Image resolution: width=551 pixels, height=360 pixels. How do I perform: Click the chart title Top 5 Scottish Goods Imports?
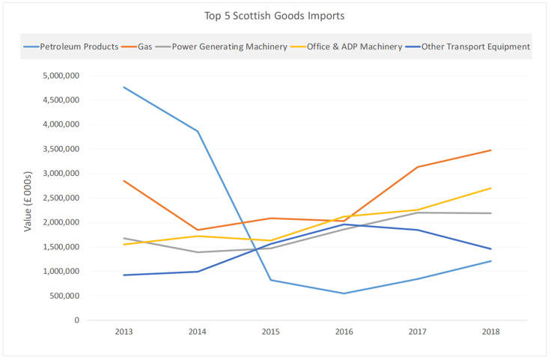[275, 15]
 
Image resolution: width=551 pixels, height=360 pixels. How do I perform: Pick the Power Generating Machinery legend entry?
[229, 46]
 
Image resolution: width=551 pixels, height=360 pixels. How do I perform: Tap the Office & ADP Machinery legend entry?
[354, 46]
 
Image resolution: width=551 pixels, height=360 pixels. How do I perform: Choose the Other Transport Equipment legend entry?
[475, 46]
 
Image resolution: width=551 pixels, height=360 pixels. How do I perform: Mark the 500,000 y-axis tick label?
[61, 296]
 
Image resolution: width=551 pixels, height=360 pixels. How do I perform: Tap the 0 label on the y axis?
[76, 320]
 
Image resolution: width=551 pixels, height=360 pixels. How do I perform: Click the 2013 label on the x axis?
[124, 332]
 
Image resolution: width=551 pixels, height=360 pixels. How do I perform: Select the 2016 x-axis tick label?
[344, 332]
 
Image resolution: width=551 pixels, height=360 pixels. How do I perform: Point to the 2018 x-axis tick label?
[490, 332]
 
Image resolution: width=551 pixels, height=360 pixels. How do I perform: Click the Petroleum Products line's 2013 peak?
[124, 87]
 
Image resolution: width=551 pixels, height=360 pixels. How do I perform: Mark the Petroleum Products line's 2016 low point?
[344, 293]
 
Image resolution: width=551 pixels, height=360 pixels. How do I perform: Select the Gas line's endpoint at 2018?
[490, 150]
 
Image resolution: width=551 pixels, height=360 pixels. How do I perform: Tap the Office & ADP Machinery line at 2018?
[490, 188]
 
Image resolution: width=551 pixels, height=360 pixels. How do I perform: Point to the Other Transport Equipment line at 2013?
[124, 275]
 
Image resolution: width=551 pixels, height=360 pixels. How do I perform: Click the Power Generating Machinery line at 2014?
[197, 252]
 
